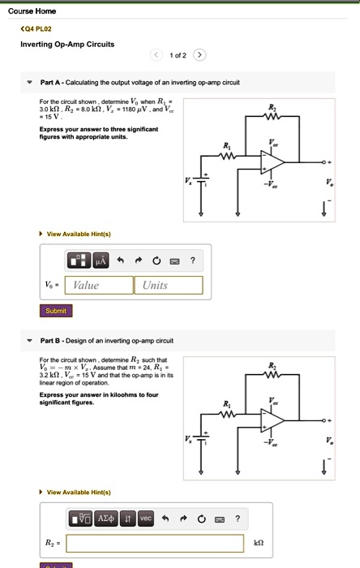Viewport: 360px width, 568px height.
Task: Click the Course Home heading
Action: pyautogui.click(x=32, y=11)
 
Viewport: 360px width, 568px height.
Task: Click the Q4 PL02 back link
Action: pyautogui.click(x=36, y=28)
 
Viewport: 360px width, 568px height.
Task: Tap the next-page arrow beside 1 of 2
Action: pyautogui.click(x=199, y=55)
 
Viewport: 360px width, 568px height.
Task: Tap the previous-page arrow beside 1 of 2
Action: pyautogui.click(x=156, y=55)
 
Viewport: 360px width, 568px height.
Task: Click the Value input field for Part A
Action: pyautogui.click(x=99, y=285)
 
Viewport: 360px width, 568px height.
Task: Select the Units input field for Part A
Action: pyautogui.click(x=168, y=285)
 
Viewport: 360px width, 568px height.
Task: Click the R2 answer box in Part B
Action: pyautogui.click(x=155, y=543)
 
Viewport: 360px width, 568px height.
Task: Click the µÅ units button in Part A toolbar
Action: pyautogui.click(x=101, y=260)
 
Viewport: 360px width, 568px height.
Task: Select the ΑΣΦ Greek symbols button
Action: pyautogui.click(x=106, y=519)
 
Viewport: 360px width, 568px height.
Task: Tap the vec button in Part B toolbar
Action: pyautogui.click(x=145, y=519)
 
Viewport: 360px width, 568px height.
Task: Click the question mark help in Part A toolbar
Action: pyautogui.click(x=193, y=260)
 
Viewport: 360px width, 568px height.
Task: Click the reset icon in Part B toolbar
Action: pyautogui.click(x=202, y=519)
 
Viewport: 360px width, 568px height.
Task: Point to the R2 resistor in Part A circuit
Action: pyautogui.click(x=272, y=116)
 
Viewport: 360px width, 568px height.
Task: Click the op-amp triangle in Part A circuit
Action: pyautogui.click(x=272, y=162)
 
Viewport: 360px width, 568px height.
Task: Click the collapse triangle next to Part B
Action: pyautogui.click(x=30, y=341)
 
